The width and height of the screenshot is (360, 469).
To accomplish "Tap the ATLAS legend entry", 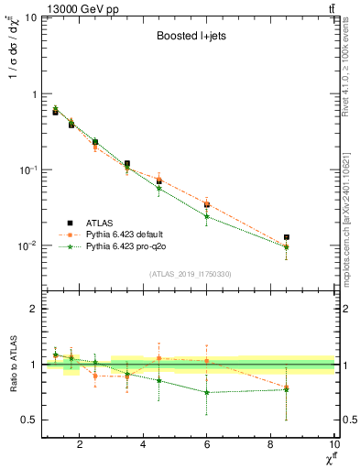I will (101, 223).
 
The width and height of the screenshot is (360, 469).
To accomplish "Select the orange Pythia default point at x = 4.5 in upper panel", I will (159, 180).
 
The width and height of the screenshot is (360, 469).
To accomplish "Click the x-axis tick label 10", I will (333, 446).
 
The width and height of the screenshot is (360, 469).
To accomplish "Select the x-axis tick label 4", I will (144, 446).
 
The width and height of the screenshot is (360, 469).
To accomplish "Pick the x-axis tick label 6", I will (207, 446).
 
